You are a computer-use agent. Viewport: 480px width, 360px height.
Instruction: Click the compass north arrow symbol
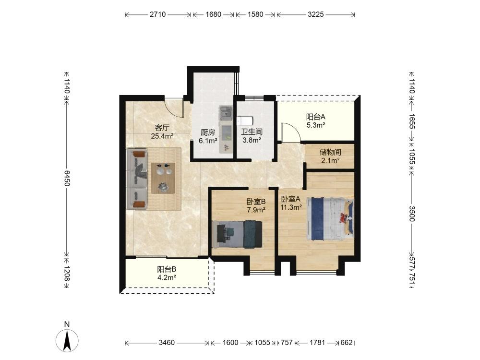[67, 340]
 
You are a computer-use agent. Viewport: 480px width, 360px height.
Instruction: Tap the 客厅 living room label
[162, 128]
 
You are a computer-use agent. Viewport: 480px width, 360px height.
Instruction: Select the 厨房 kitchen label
[208, 132]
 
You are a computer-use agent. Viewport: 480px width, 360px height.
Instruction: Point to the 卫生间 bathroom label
[252, 132]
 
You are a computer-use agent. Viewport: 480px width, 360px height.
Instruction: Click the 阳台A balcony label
[316, 117]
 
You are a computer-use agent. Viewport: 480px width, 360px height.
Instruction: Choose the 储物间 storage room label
[330, 152]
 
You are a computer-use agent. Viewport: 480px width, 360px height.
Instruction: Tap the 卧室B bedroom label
[256, 202]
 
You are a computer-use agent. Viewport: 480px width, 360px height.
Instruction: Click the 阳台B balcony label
[167, 269]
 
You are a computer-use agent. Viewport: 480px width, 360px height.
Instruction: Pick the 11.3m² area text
[291, 207]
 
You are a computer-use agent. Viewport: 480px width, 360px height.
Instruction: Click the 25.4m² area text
[162, 136]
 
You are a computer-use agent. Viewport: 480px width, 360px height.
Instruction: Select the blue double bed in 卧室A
[330, 218]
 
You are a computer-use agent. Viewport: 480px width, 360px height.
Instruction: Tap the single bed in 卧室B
[237, 234]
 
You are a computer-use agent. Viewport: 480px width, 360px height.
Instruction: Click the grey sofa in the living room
[137, 179]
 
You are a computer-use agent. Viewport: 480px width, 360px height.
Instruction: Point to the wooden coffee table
[164, 178]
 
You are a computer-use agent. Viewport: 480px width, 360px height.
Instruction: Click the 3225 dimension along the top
[316, 14]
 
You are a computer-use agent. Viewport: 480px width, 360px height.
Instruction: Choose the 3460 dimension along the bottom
[167, 343]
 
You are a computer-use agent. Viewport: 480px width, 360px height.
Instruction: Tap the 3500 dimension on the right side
[412, 214]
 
